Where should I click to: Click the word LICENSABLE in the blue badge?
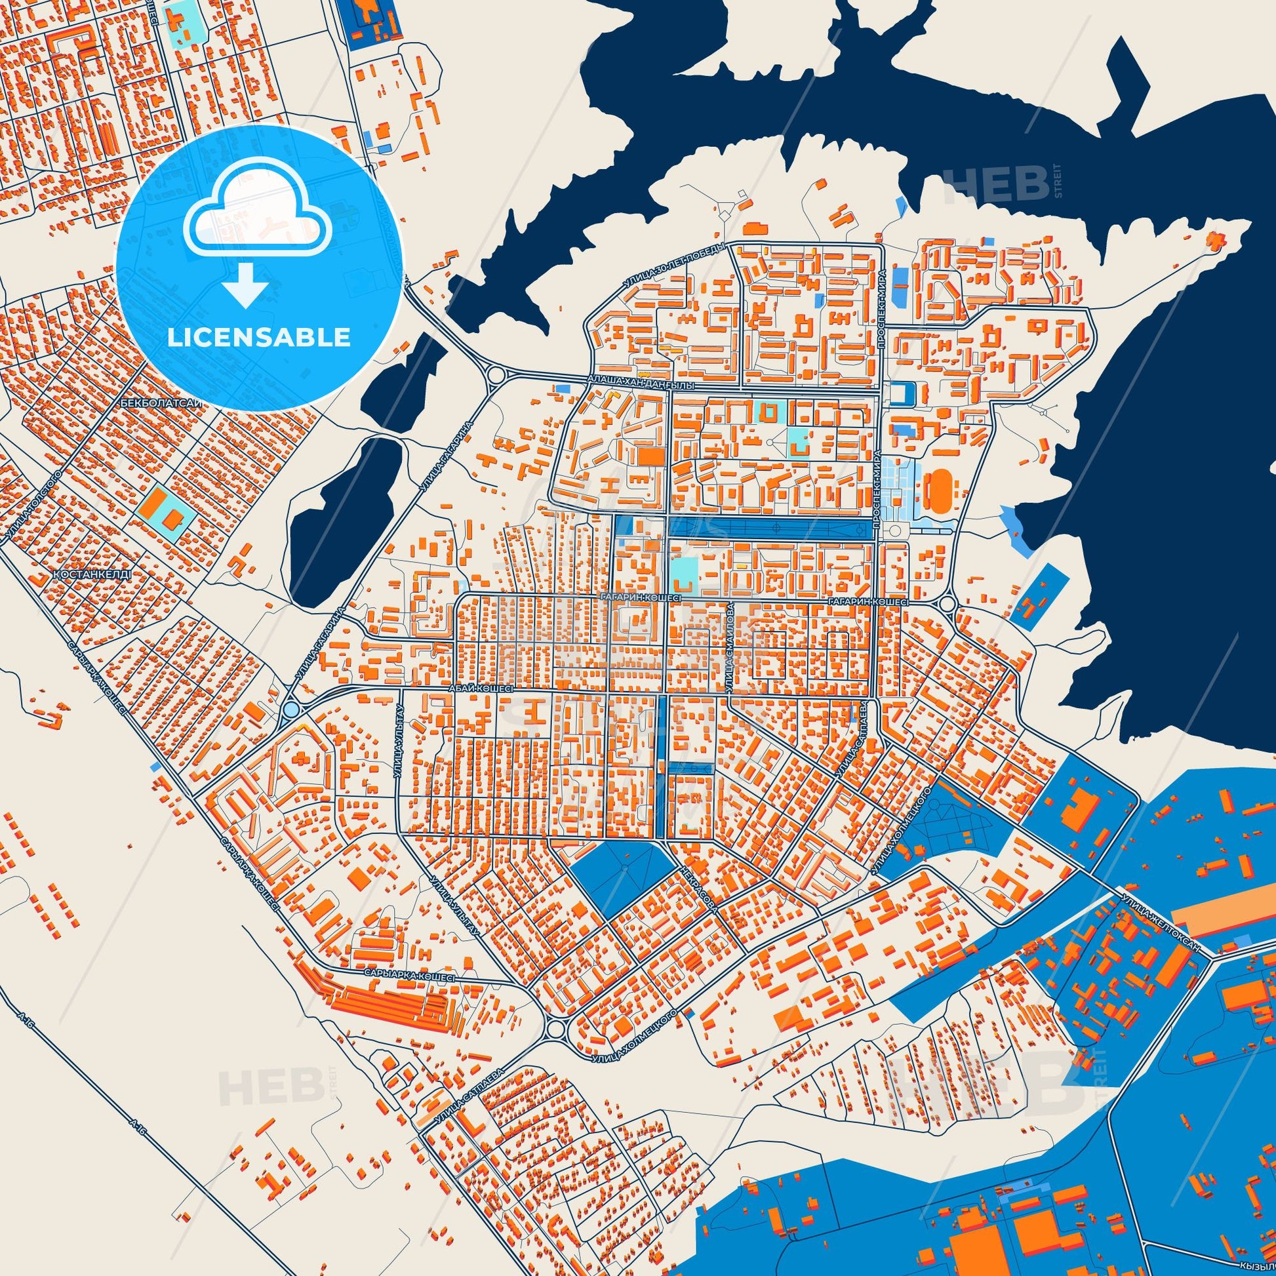(x=258, y=338)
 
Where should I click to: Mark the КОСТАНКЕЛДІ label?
(x=93, y=574)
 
